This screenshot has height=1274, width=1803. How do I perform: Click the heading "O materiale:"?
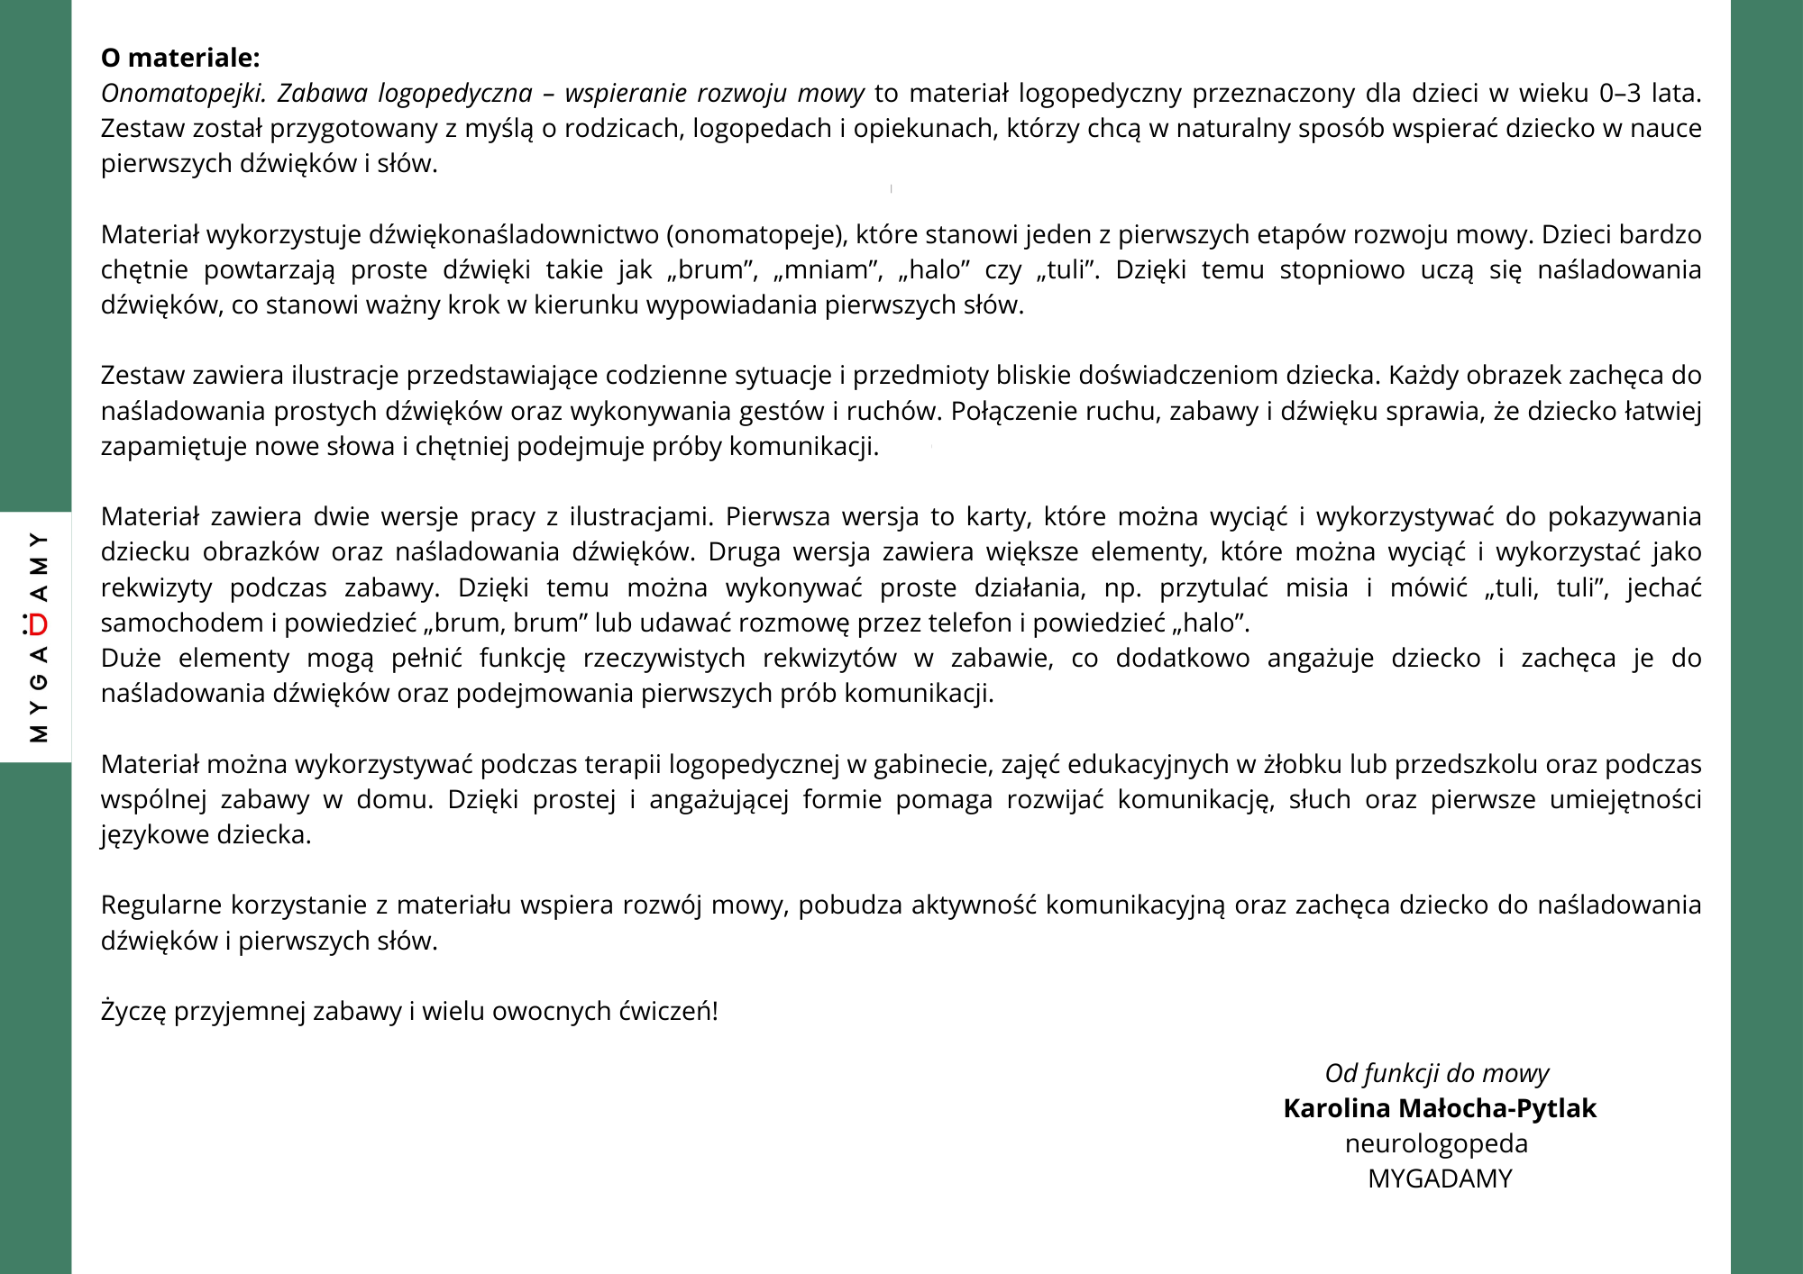tap(180, 58)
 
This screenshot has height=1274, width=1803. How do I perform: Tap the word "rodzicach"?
tap(622, 129)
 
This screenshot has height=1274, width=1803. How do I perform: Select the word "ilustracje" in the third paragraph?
tap(347, 376)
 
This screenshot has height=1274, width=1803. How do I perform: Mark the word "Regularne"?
tap(161, 905)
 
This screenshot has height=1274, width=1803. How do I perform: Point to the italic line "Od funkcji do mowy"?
tap(1437, 1074)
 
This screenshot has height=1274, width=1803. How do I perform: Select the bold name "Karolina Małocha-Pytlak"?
tap(1439, 1109)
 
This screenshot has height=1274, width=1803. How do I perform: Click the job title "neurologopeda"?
tap(1436, 1144)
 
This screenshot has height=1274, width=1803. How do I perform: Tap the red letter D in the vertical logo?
tap(37, 623)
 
